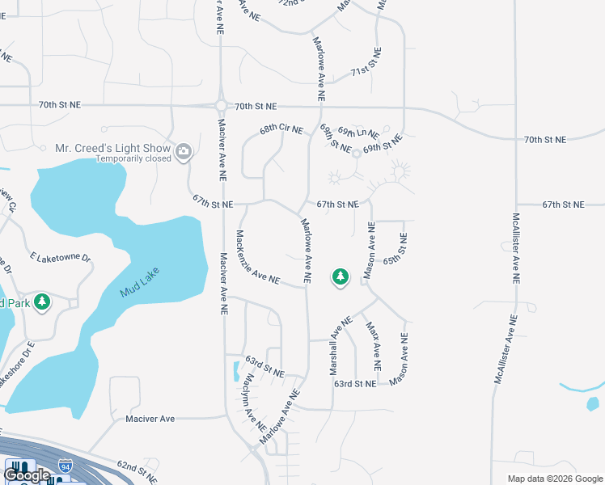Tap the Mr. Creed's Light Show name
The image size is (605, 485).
click(x=112, y=149)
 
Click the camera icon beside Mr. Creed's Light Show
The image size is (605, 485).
click(x=184, y=150)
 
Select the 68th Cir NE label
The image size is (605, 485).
click(x=281, y=129)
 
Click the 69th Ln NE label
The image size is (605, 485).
click(x=358, y=131)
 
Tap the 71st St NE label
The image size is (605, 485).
click(x=366, y=72)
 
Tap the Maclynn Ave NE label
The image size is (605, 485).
click(x=251, y=402)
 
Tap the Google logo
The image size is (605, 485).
click(x=27, y=475)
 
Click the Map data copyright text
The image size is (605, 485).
click(x=555, y=479)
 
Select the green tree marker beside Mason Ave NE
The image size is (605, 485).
click(x=341, y=277)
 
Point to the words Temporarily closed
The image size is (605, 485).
click(x=133, y=159)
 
